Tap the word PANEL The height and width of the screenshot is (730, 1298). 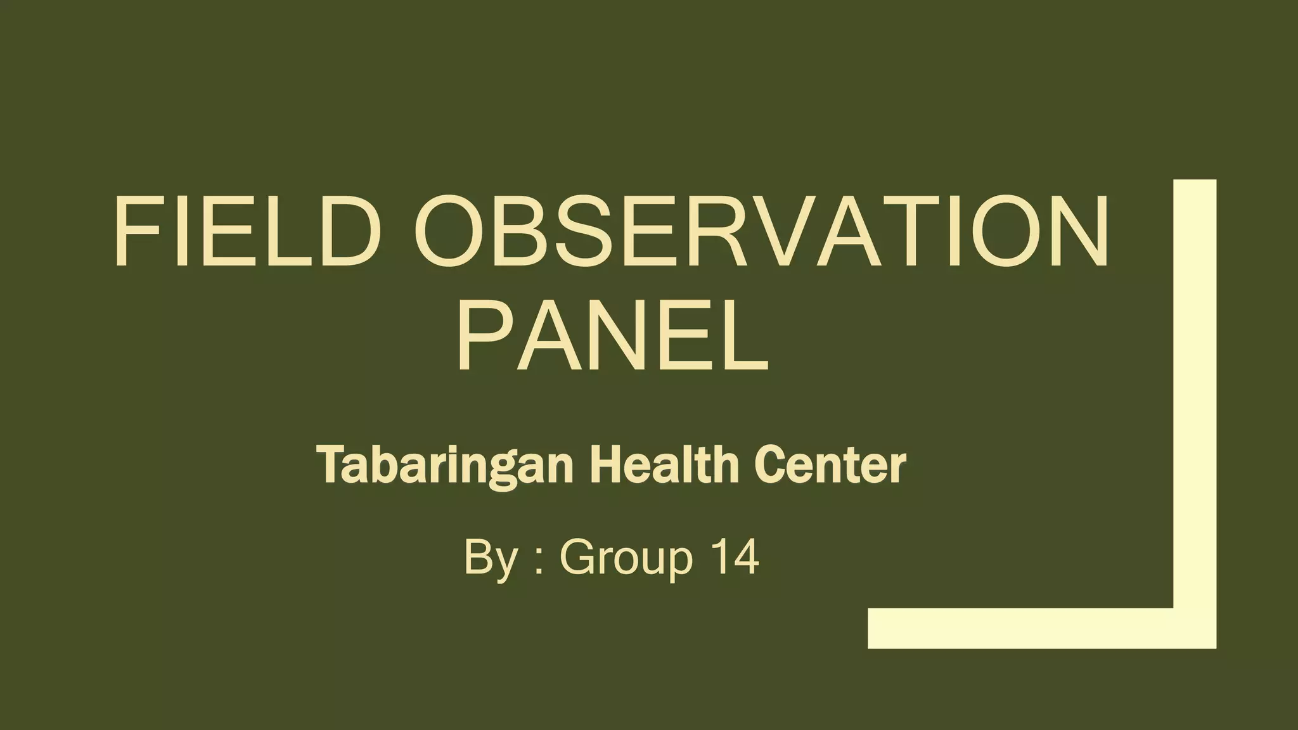point(612,335)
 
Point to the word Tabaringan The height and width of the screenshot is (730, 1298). point(447,466)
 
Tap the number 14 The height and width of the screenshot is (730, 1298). point(735,557)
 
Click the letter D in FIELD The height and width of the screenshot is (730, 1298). point(340,232)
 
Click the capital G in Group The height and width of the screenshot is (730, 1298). point(578,557)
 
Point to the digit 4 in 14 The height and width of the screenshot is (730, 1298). point(745,557)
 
